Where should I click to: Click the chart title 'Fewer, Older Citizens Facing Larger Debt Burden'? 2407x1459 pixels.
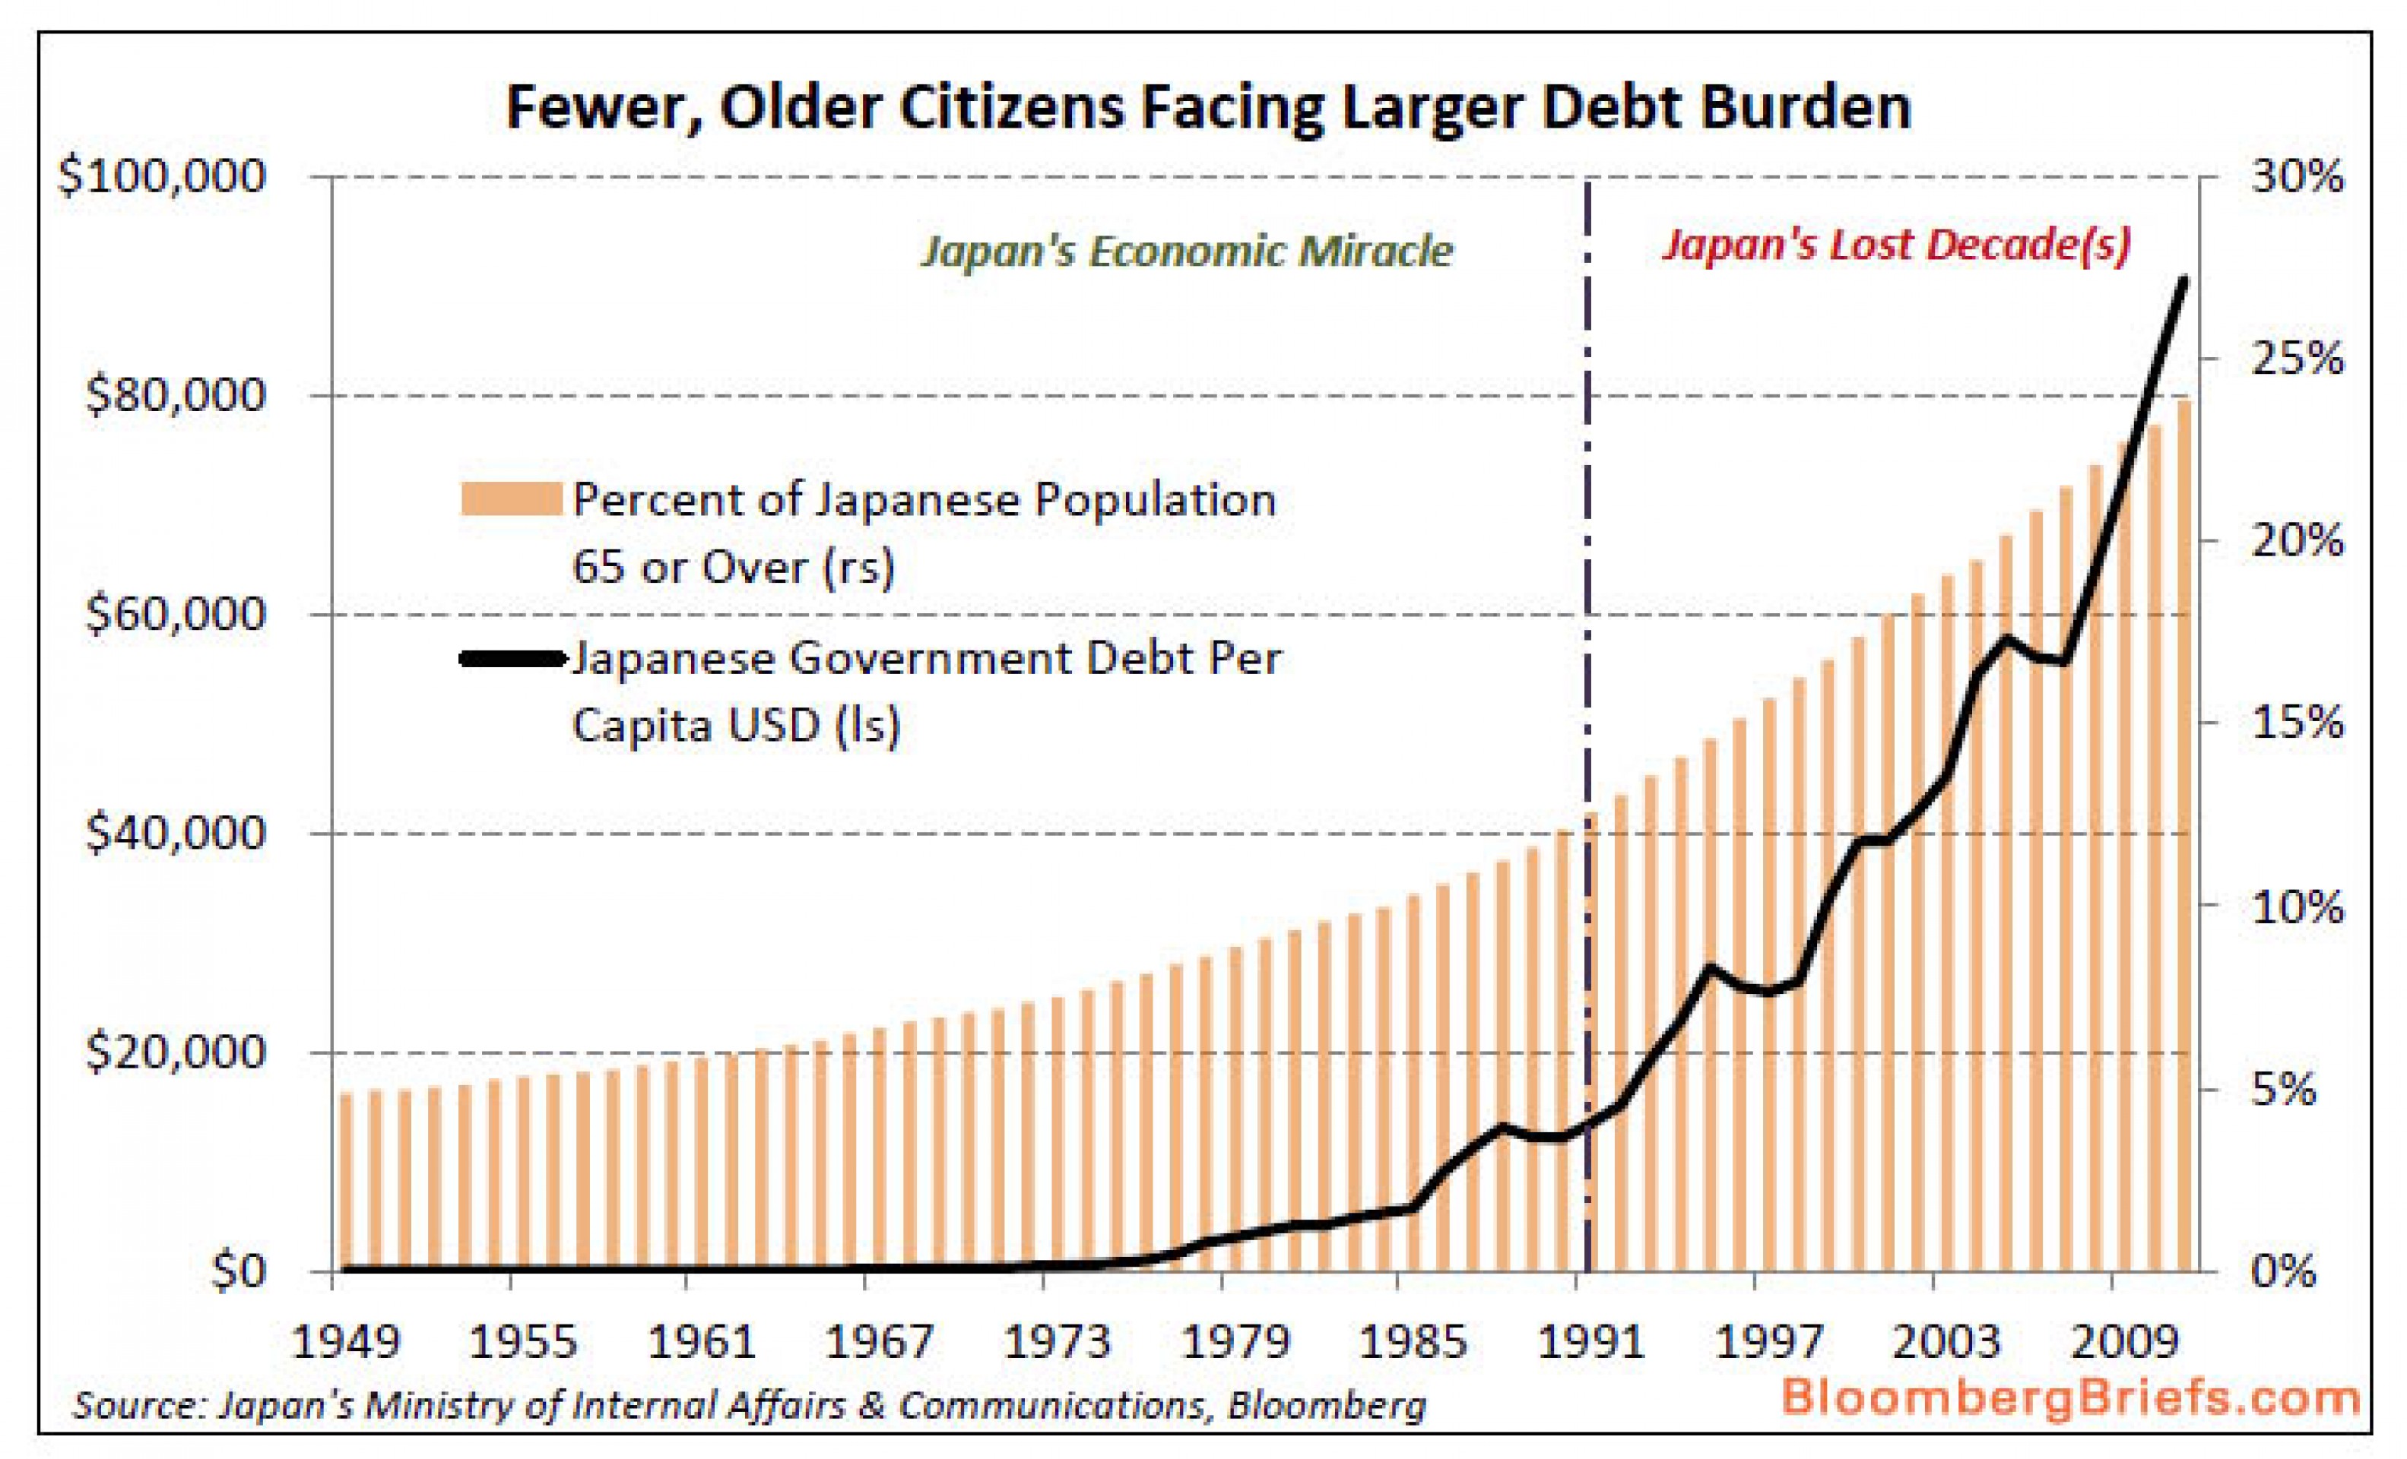tap(1207, 107)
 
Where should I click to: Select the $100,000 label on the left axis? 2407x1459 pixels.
tap(162, 177)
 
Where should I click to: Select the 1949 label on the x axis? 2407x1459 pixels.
tap(347, 1343)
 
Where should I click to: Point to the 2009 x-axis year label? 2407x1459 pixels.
tap(2126, 1343)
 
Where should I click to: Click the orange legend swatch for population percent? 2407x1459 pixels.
tap(511, 499)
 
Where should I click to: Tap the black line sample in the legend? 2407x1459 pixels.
tap(513, 659)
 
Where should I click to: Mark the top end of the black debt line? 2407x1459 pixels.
tap(2184, 280)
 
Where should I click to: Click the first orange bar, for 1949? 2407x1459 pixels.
tap(346, 1182)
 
